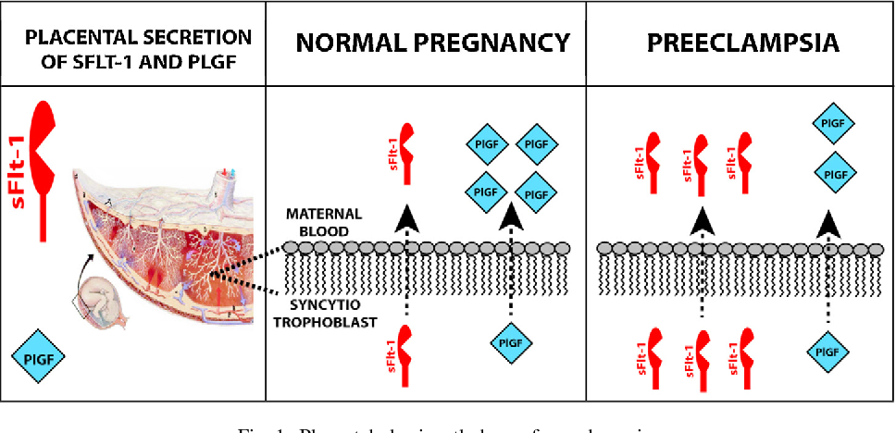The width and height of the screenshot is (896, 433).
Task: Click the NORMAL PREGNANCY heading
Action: [x=431, y=43]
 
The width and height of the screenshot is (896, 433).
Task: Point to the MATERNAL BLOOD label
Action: [x=323, y=222]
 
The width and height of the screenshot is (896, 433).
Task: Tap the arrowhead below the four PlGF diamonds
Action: [x=510, y=216]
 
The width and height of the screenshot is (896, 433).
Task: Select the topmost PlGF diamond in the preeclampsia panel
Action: [x=833, y=122]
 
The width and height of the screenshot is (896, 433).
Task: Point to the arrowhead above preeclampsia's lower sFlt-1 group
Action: [x=703, y=220]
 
